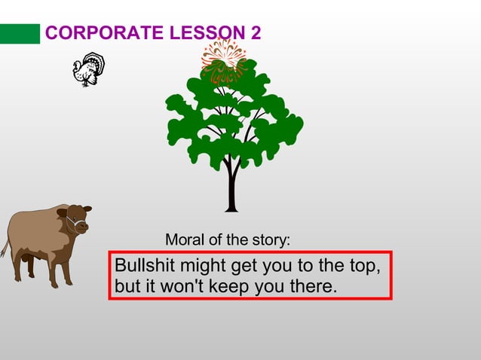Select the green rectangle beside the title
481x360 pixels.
[20, 34]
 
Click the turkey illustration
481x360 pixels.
[88, 69]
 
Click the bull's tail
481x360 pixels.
[5, 249]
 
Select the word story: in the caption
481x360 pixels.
[271, 240]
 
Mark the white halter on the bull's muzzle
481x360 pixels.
[73, 223]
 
